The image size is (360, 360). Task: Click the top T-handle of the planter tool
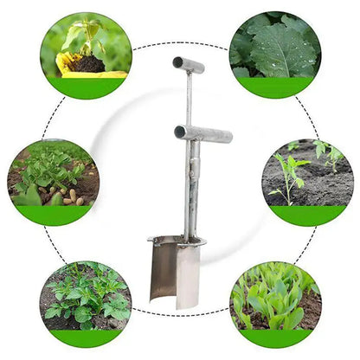tap(189, 64)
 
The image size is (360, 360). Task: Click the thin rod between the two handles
tap(189, 100)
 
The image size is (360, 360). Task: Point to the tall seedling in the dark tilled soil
tap(289, 177)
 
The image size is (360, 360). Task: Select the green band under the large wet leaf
tap(275, 87)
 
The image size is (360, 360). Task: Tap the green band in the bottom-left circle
tap(85, 337)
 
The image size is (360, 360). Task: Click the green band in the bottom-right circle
tap(275, 337)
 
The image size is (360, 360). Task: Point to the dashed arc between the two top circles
tap(180, 42)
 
